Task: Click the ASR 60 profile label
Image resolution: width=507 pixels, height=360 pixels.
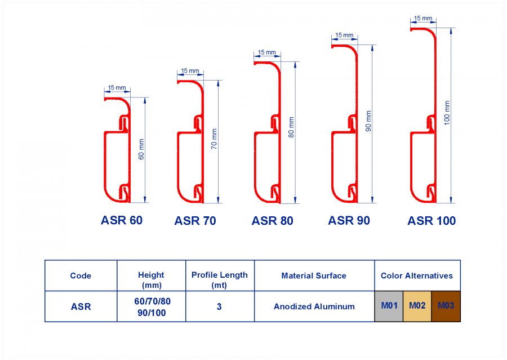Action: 122,220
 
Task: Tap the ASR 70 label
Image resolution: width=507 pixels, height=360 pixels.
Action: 195,221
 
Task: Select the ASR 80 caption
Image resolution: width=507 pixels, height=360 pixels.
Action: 272,221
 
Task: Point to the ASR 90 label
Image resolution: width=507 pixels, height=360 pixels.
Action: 349,221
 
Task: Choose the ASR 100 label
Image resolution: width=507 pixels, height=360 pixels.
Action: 432,221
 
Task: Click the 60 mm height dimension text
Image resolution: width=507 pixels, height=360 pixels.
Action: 141,149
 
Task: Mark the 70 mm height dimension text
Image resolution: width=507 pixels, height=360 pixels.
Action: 214,139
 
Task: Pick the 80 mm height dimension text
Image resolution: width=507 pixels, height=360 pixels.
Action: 291,127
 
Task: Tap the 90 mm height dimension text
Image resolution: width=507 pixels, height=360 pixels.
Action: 368,121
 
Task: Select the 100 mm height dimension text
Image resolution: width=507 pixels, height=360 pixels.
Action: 447,113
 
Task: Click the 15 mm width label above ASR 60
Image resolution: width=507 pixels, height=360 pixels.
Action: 117,88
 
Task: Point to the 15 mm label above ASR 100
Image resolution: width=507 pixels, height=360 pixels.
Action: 423,18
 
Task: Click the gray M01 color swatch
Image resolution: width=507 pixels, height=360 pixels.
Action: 389,306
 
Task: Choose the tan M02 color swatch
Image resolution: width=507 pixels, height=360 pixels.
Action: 417,306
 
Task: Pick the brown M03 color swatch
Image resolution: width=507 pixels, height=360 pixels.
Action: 446,306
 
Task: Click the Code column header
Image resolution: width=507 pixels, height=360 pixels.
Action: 81,276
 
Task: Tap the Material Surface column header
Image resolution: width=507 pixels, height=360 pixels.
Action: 314,276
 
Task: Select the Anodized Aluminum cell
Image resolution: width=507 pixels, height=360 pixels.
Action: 314,306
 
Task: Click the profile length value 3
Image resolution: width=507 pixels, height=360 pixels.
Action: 219,306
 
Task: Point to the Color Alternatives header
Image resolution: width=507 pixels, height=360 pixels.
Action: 417,276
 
